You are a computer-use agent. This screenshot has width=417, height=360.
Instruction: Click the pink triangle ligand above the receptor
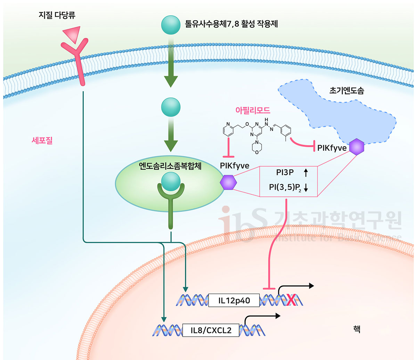tap(73, 34)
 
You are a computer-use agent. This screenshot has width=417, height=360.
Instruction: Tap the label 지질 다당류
tap(57, 15)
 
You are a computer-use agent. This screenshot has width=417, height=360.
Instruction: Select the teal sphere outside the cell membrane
tap(171, 25)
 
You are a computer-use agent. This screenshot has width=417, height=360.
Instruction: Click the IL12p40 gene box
tap(234, 300)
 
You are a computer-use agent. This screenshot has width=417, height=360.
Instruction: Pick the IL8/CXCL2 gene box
tap(211, 330)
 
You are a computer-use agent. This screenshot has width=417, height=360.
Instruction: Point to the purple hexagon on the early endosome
tap(357, 147)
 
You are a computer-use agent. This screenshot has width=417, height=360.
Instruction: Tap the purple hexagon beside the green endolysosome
tap(228, 182)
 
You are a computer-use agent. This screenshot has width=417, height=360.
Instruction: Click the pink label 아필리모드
tap(253, 110)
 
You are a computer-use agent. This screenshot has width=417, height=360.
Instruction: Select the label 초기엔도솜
tap(346, 91)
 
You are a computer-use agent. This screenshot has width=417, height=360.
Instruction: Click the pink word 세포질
tap(42, 140)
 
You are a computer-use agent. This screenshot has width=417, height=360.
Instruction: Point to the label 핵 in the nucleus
tap(357, 329)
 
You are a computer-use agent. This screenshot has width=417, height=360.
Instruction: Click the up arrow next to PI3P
tap(306, 173)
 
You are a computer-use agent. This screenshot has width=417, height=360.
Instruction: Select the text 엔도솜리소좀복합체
tap(170, 166)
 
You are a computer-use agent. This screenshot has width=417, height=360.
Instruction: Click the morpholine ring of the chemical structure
tap(257, 147)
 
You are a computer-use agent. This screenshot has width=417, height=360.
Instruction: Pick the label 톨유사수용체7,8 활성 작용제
tap(231, 24)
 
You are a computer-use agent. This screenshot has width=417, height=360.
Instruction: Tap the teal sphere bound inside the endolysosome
tap(171, 182)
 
